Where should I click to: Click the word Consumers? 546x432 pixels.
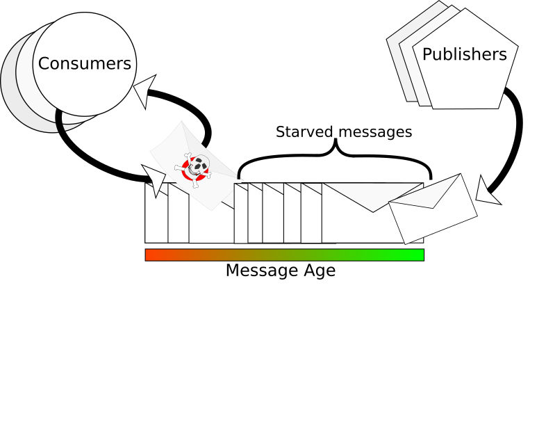click(x=84, y=64)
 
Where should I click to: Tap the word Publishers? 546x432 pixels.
click(x=465, y=54)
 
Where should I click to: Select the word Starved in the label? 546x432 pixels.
click(x=302, y=132)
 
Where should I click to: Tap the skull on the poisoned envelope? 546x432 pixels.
click(x=199, y=165)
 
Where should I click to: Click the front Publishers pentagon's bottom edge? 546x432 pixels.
click(x=465, y=109)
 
